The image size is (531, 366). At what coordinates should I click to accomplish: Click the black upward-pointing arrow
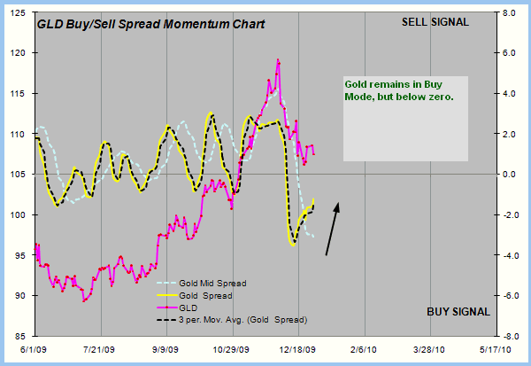pyautogui.click(x=332, y=230)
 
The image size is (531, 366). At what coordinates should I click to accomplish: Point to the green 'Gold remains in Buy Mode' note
pyautogui.click(x=398, y=90)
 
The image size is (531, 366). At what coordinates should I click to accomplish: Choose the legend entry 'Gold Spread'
pyautogui.click(x=206, y=295)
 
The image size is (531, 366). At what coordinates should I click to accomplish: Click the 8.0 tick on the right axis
pyautogui.click(x=510, y=14)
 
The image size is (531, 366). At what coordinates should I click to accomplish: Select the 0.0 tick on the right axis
pyautogui.click(x=510, y=175)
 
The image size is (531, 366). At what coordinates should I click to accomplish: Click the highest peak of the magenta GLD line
pyautogui.click(x=278, y=60)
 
